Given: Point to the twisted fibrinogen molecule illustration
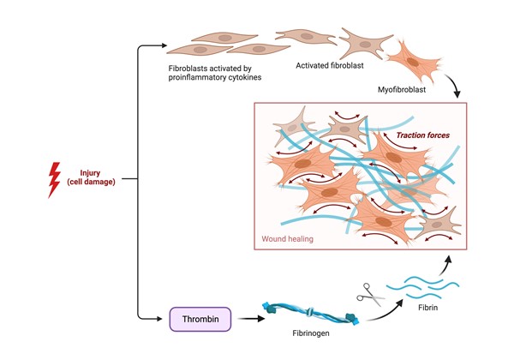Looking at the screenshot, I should tap(304, 315).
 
